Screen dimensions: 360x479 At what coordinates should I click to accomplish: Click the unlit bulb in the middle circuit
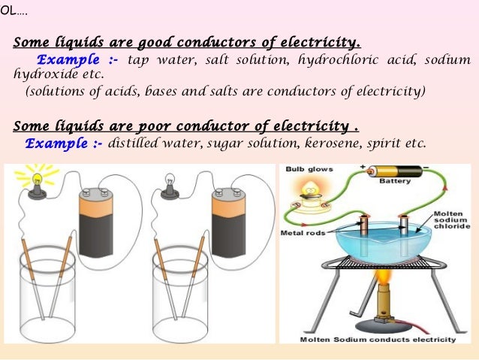click(170, 183)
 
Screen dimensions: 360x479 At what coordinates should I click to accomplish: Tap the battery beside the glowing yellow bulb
click(97, 223)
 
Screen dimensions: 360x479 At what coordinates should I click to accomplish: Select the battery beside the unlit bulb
click(229, 223)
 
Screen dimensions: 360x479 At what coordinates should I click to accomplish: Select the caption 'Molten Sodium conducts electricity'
click(378, 339)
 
